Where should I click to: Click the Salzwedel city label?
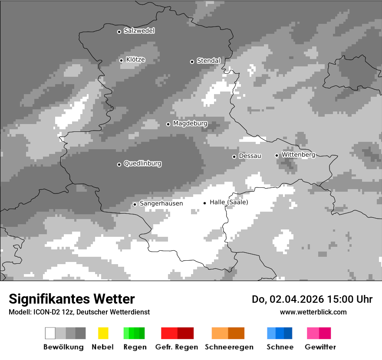click(x=139, y=31)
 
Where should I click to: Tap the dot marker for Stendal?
click(x=192, y=62)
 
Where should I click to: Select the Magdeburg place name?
click(x=190, y=124)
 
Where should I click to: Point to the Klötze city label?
click(x=135, y=60)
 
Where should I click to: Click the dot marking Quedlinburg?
click(x=119, y=164)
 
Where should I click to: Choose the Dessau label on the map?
click(x=250, y=156)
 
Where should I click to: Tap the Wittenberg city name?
click(x=298, y=155)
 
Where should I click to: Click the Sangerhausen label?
click(x=161, y=203)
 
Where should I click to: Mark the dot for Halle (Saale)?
click(x=204, y=203)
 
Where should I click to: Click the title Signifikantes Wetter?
click(x=72, y=299)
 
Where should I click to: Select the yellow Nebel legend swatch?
click(x=103, y=333)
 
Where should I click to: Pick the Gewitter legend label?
click(x=320, y=347)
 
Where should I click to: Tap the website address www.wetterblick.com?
click(x=313, y=312)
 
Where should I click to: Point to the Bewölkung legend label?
click(x=63, y=347)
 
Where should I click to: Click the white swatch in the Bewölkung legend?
click(x=50, y=333)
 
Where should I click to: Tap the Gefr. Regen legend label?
click(x=177, y=347)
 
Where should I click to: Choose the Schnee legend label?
click(x=280, y=347)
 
